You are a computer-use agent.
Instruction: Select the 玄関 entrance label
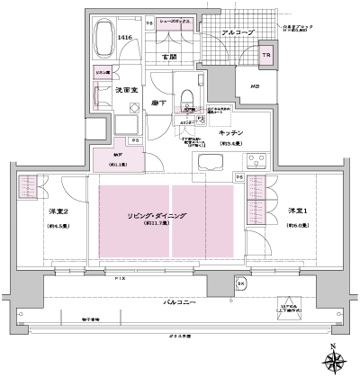point(168,57)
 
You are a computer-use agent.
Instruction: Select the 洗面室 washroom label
point(124,90)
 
